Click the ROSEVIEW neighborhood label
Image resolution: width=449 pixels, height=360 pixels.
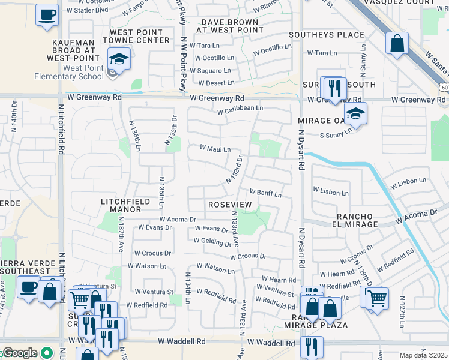point(230,205)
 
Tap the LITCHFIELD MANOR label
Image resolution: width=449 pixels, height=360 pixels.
point(121,205)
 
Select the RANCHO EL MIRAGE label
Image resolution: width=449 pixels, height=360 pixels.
point(348,220)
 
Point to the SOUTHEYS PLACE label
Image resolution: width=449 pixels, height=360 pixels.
point(327,35)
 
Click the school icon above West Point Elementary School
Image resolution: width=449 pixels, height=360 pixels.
point(119,59)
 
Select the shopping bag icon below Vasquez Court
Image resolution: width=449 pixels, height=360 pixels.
point(397,43)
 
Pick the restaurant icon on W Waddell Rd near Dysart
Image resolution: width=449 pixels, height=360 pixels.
point(312,346)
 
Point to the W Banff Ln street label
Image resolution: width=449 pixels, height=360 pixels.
point(265,193)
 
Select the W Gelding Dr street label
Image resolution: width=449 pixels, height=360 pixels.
point(212,242)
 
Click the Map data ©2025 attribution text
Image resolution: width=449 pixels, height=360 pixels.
point(423,355)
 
